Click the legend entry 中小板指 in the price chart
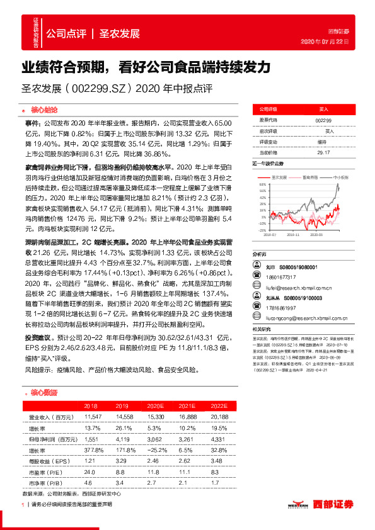[x=342, y=178]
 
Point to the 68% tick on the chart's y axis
[x=262, y=185]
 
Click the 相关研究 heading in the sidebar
[x=262, y=329]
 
